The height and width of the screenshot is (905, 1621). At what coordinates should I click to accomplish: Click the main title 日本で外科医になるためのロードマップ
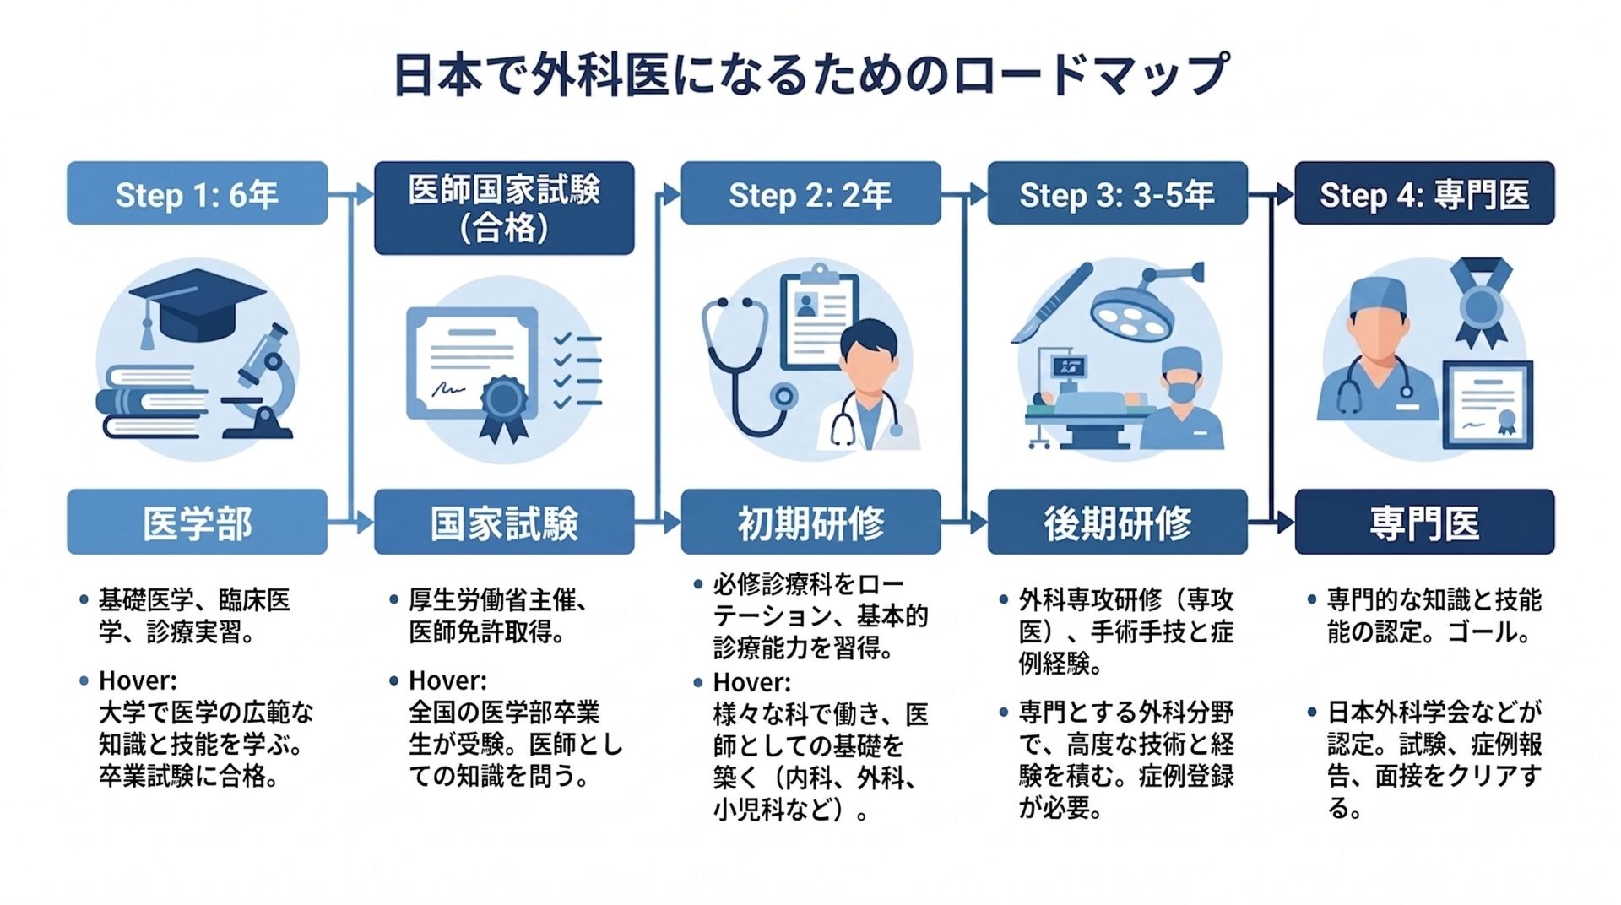tap(810, 74)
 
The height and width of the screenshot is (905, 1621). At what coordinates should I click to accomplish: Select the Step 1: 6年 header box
tap(197, 193)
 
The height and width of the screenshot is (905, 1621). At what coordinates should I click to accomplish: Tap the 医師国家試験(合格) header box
tap(504, 208)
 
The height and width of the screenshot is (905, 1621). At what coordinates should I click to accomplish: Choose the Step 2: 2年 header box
tap(810, 193)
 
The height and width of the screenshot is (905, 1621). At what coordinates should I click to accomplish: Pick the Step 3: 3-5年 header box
tap(1117, 193)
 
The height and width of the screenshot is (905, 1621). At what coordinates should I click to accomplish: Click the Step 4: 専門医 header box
tap(1424, 193)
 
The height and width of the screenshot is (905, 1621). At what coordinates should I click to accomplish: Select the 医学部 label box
tap(197, 522)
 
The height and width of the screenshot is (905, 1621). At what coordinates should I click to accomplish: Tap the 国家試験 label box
tap(504, 522)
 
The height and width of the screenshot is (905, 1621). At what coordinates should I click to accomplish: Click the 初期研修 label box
tap(810, 522)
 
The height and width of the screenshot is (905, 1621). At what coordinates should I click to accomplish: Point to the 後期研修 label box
tap(1117, 522)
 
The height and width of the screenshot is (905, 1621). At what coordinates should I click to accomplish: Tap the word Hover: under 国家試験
tap(447, 680)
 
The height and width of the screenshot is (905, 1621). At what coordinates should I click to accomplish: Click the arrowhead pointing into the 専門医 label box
tap(1286, 523)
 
